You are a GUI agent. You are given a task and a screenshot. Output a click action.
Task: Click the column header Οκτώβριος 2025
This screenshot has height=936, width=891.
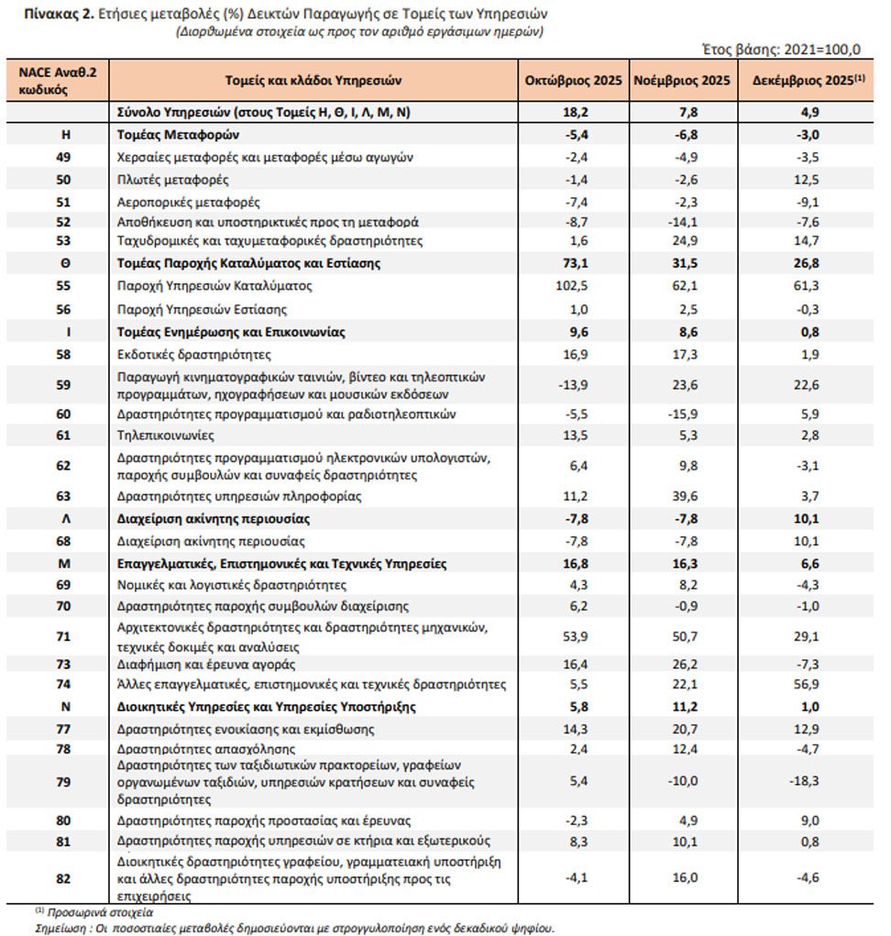pos(573,81)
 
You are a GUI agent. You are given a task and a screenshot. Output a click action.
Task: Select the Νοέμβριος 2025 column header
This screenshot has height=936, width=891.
pos(682,81)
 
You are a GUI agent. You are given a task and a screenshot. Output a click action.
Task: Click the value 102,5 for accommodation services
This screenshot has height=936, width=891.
pos(573,286)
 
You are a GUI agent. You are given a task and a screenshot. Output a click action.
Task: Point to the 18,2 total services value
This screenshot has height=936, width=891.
pos(573,113)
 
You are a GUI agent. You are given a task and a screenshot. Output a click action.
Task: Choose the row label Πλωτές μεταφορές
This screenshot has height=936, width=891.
pos(160,179)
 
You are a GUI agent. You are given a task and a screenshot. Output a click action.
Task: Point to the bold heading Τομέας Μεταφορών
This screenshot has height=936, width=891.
pos(172,135)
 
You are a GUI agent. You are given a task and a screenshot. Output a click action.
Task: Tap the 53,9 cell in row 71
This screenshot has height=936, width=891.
pos(573,635)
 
